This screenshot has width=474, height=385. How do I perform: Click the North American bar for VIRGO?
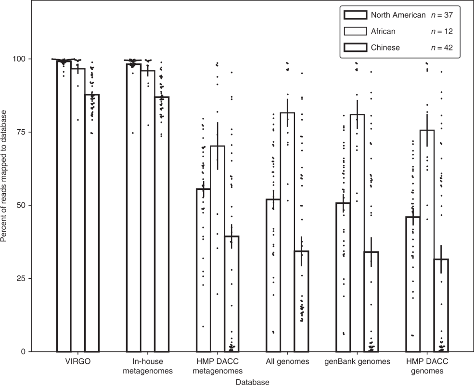coord(64,207)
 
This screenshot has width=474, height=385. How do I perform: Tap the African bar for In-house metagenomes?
coord(148,211)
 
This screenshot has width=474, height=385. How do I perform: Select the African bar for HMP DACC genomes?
coord(427,241)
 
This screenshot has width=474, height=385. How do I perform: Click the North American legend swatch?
coord(356,15)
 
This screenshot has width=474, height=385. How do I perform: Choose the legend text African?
coord(383,31)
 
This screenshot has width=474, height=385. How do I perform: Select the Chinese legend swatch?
coord(356,47)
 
